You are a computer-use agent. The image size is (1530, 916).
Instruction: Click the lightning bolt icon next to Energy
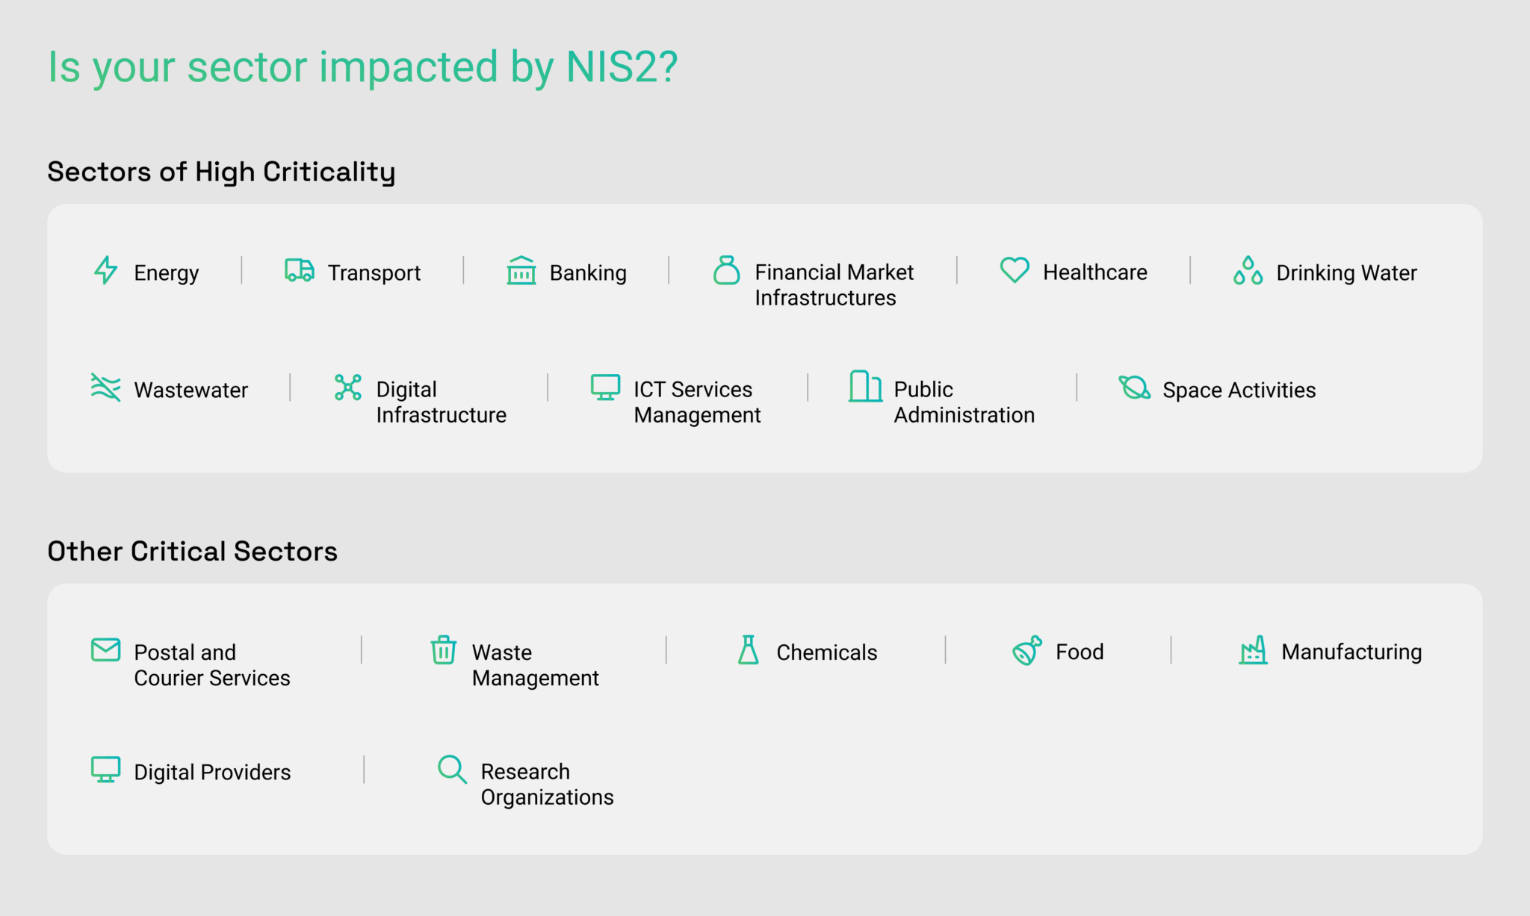click(x=105, y=270)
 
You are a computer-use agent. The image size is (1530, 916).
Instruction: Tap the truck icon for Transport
click(x=300, y=270)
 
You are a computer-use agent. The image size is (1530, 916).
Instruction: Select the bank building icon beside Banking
click(x=521, y=270)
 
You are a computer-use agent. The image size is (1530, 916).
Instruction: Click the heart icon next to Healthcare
click(x=1015, y=269)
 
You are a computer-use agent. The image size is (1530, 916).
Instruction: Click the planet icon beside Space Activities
click(x=1134, y=387)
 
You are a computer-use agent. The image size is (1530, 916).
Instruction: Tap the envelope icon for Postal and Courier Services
click(x=105, y=649)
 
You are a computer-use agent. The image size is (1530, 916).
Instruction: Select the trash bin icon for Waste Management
click(x=443, y=649)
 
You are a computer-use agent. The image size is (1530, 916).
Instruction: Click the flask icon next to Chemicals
click(x=748, y=649)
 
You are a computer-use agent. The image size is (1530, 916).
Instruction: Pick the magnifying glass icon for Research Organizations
click(x=452, y=769)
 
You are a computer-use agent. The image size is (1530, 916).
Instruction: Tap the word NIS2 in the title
click(x=622, y=67)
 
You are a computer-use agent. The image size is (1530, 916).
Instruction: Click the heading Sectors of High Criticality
click(x=221, y=172)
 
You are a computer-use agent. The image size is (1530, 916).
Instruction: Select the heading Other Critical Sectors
click(x=192, y=551)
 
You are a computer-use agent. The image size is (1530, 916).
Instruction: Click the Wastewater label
click(x=191, y=390)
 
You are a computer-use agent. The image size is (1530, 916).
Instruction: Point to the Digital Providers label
click(x=212, y=772)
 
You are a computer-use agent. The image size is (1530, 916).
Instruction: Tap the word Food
click(x=1080, y=652)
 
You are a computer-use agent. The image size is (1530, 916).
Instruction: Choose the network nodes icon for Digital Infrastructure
click(x=348, y=387)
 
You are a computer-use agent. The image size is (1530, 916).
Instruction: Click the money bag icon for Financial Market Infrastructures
click(x=726, y=270)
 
